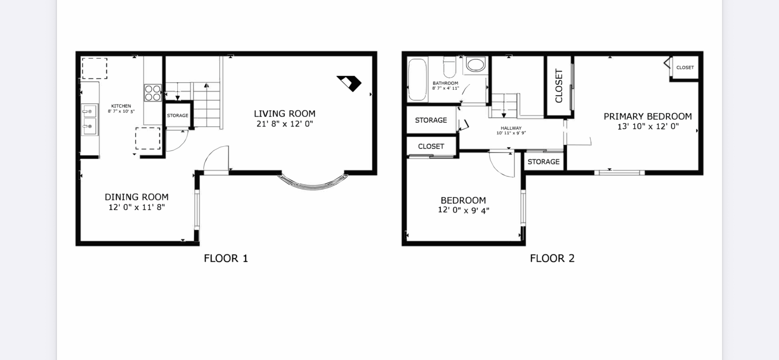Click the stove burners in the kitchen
[x=153, y=93]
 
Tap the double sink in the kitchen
[x=90, y=119]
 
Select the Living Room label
[x=285, y=114]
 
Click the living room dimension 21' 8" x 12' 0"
[x=285, y=124]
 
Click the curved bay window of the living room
[x=313, y=184]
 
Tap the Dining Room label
[x=136, y=197]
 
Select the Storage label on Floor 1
[x=178, y=115]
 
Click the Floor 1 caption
[x=226, y=258]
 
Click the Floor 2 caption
[x=552, y=258]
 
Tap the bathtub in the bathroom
[x=417, y=79]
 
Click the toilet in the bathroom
[x=449, y=67]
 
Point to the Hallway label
[x=511, y=128]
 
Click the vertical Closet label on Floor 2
[x=559, y=86]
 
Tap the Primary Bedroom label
[x=648, y=117]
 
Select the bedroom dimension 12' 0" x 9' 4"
[x=464, y=211]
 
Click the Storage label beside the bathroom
[x=431, y=120]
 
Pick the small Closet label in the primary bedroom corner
[x=685, y=67]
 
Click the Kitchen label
[x=121, y=106]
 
